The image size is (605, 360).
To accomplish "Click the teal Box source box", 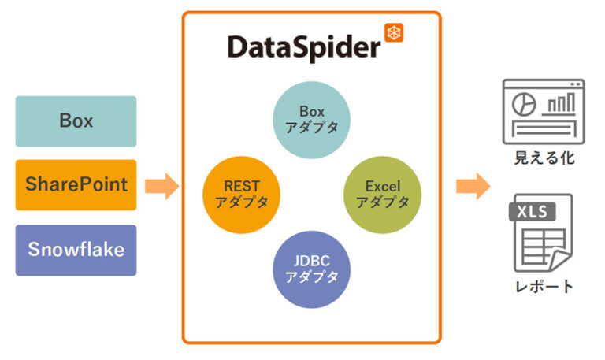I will (76, 121).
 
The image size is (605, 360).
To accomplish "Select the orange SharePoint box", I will (76, 185).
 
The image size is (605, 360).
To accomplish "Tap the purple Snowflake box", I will (76, 250).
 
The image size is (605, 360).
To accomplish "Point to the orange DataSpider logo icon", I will (394, 32).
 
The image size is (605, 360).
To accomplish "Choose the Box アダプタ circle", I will (312, 120).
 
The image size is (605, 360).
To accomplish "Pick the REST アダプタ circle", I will (241, 194).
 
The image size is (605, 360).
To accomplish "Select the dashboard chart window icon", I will (543, 109).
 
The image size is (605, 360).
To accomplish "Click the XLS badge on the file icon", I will (533, 211).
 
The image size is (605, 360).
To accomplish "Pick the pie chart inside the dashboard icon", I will (521, 103).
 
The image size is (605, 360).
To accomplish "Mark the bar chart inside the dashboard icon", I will (561, 103).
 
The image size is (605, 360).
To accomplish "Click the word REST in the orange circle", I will (241, 186).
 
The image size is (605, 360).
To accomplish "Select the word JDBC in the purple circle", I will (312, 261).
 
